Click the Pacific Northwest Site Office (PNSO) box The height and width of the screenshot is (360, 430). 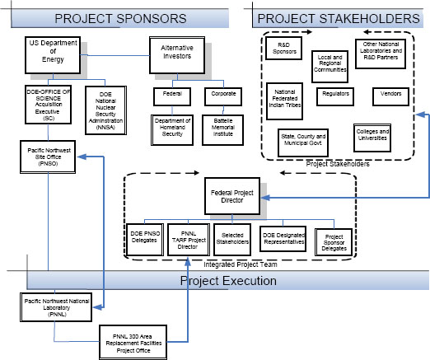pyautogui.click(x=48, y=157)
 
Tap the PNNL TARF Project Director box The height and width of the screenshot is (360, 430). pyautogui.click(x=188, y=237)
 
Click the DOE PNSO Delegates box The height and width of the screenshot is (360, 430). pyautogui.click(x=145, y=238)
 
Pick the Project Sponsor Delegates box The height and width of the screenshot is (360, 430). pyautogui.click(x=334, y=241)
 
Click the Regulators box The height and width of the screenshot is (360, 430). pyautogui.click(x=335, y=94)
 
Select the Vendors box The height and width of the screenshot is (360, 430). pyautogui.click(x=386, y=94)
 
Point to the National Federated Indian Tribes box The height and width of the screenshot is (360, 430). pyautogui.click(x=285, y=98)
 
